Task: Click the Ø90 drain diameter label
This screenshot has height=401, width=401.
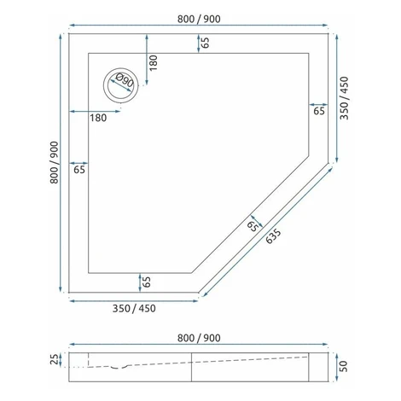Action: click(x=125, y=81)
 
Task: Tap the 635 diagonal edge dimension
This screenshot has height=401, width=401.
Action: click(x=273, y=236)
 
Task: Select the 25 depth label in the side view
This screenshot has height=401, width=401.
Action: click(x=55, y=359)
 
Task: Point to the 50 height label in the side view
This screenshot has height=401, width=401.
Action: click(x=344, y=366)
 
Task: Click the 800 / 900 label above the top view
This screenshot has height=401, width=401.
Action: click(x=199, y=19)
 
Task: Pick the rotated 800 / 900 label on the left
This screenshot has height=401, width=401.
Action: click(x=54, y=162)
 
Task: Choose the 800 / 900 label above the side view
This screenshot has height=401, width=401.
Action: click(x=199, y=338)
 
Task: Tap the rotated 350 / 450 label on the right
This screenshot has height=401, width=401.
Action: click(x=344, y=98)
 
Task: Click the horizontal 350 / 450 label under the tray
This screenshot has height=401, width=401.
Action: click(x=134, y=309)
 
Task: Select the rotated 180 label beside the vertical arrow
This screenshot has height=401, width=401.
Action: click(x=153, y=63)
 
